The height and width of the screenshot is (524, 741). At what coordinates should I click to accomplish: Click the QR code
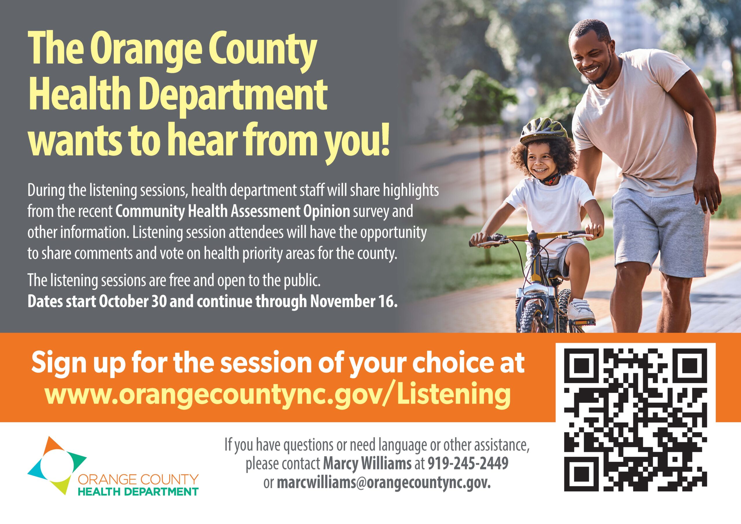point(635,419)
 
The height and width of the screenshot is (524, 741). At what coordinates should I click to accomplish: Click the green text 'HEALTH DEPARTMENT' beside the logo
point(139,492)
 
